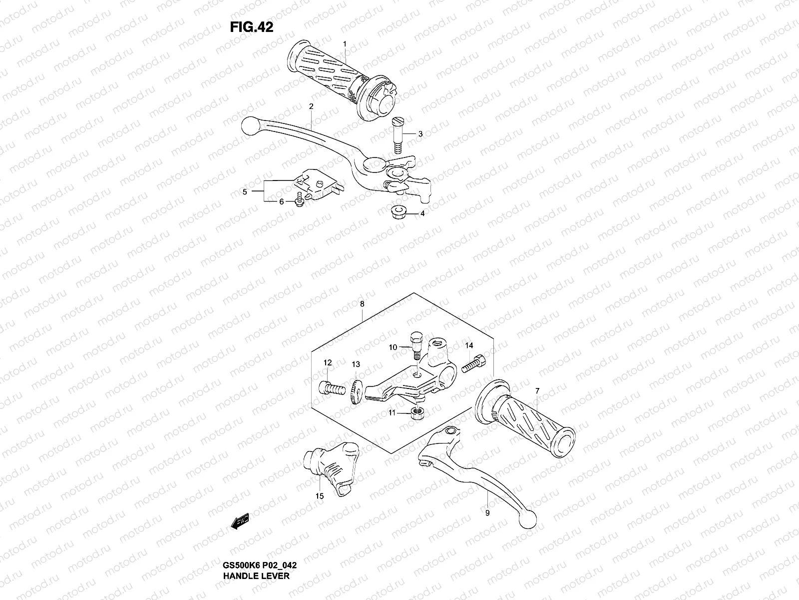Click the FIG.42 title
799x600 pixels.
pos(251,27)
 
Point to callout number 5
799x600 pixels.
pos(245,191)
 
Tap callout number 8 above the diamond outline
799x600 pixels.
pos(362,303)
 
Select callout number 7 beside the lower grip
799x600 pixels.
pos(537,390)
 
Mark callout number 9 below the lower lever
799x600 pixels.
pos(487,512)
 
